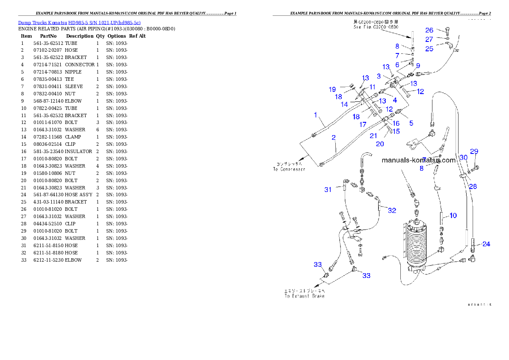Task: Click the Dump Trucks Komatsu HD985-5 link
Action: [79, 22]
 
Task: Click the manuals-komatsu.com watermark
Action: [419, 160]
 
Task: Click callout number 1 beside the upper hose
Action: [316, 115]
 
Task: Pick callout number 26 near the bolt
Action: [429, 30]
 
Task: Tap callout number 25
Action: [429, 49]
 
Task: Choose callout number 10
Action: [453, 215]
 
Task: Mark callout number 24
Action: [486, 244]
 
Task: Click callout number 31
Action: [328, 189]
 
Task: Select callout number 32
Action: [392, 210]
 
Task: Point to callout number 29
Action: [474, 151]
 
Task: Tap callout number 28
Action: [473, 186]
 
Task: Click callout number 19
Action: [332, 89]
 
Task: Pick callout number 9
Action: [418, 65]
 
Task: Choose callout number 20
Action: [380, 144]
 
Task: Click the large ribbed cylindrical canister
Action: [417, 246]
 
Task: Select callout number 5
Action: [411, 123]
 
